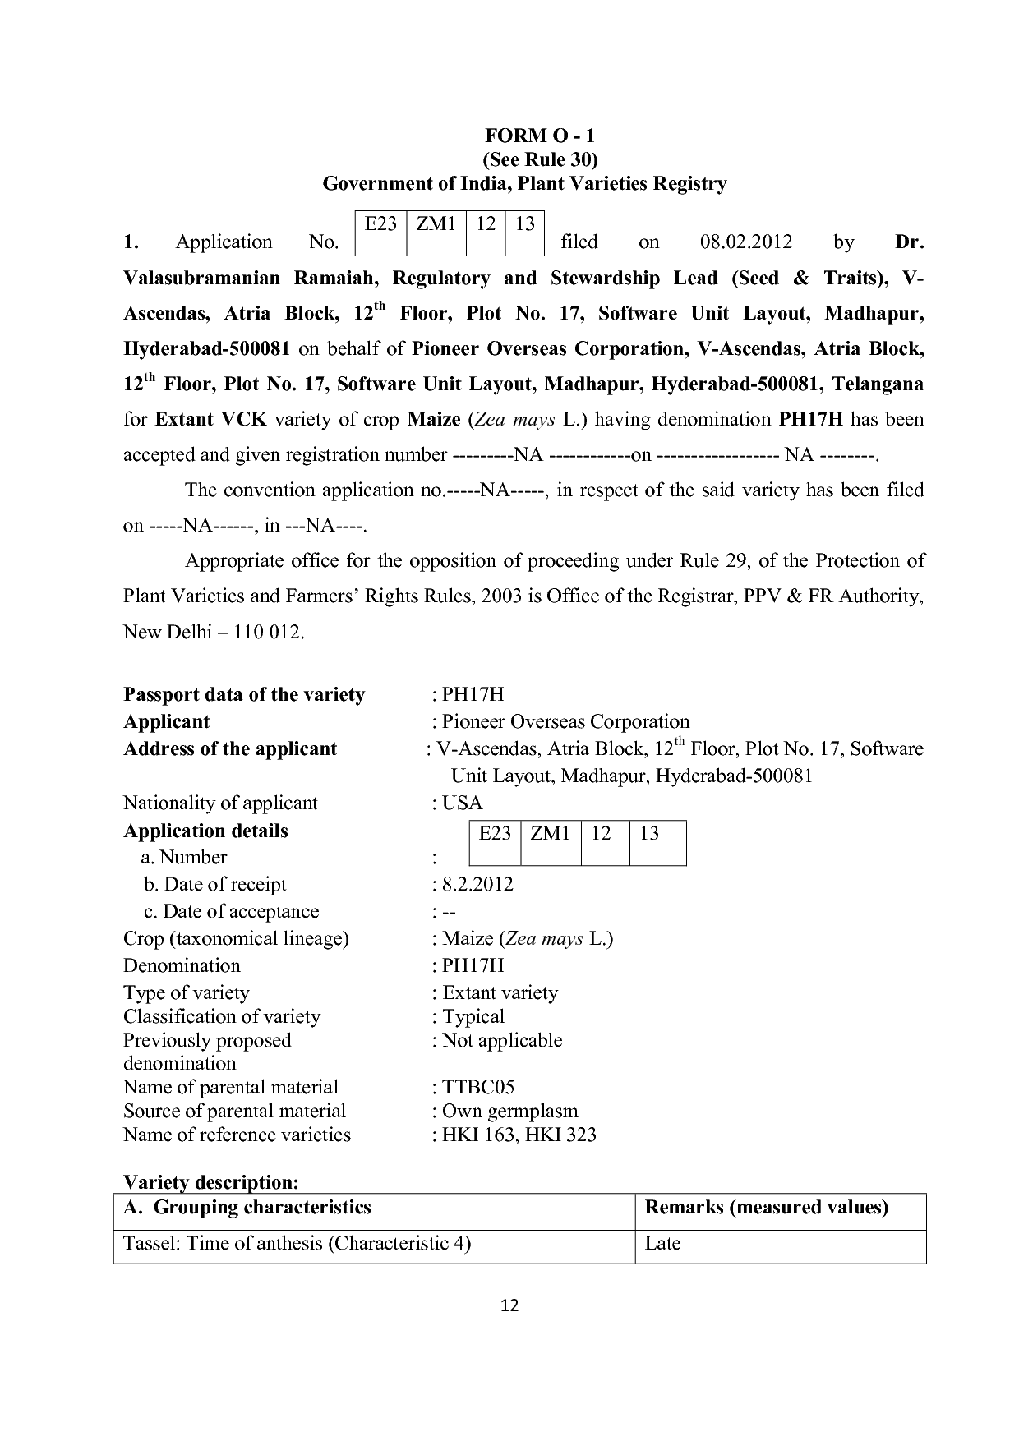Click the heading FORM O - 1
[539, 136]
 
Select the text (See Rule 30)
[539, 159]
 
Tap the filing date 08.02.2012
[745, 242]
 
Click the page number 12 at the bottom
[509, 1305]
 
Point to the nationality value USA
[463, 803]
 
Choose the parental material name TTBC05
[478, 1088]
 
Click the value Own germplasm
[509, 1112]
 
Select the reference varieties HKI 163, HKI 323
[519, 1135]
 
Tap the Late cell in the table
[662, 1244]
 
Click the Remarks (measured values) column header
[767, 1208]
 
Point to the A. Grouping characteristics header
[247, 1208]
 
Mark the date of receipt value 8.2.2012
[477, 885]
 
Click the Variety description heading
[210, 1183]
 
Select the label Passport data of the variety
[244, 695]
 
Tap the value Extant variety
[500, 993]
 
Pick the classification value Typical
[473, 1017]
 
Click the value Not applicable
[502, 1041]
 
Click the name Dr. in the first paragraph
[908, 242]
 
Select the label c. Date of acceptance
[231, 912]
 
